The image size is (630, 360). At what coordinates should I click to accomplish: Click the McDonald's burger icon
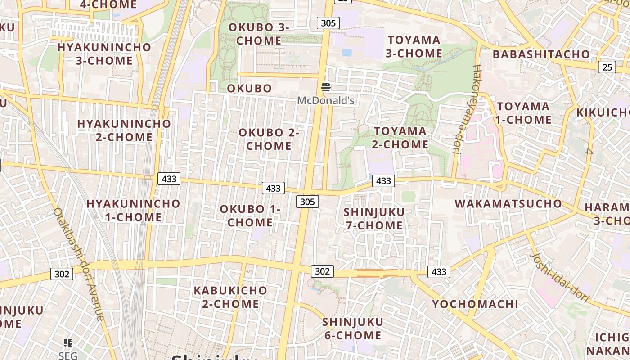click(x=326, y=87)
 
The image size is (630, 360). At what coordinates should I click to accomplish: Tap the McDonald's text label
click(x=326, y=100)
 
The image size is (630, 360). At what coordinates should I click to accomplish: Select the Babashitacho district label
click(x=541, y=54)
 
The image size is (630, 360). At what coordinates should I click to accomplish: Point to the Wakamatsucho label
click(x=508, y=203)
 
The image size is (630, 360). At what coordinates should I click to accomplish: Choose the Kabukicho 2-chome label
click(x=230, y=297)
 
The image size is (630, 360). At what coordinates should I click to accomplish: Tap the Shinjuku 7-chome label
click(x=374, y=219)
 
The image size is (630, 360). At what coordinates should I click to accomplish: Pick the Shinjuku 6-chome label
click(x=352, y=328)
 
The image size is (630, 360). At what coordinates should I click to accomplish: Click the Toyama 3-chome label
click(x=414, y=46)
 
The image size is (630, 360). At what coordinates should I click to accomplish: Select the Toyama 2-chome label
click(x=400, y=138)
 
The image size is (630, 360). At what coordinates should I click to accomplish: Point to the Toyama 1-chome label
click(x=524, y=113)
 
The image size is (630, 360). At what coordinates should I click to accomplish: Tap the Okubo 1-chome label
click(x=250, y=216)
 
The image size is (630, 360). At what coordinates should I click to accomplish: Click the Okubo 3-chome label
click(x=259, y=34)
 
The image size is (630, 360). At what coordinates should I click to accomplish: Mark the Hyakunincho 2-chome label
click(x=124, y=130)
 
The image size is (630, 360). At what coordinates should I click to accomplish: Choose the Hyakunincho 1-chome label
click(x=133, y=210)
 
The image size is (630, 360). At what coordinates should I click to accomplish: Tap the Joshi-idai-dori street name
click(x=559, y=276)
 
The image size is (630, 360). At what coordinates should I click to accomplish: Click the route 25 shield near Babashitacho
click(x=607, y=67)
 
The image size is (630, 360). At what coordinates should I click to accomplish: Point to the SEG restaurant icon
click(x=68, y=343)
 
